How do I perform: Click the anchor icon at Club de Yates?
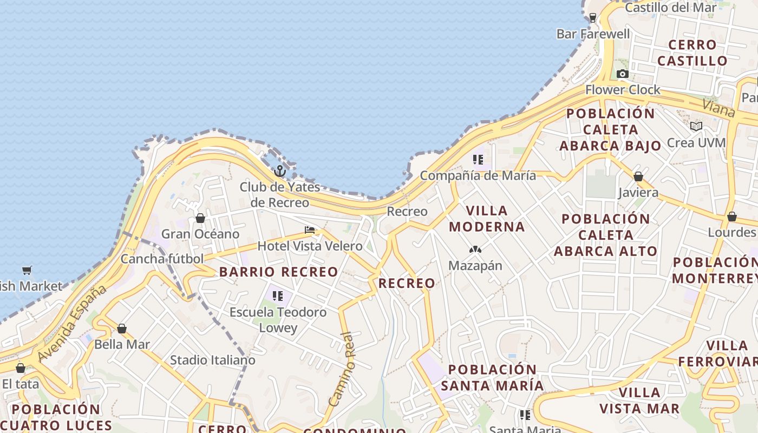pos(279,171)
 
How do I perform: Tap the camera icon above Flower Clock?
pos(622,74)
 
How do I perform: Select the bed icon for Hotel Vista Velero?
pos(310,230)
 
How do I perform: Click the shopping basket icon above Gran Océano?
pos(200,218)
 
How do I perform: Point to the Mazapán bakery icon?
pos(475,250)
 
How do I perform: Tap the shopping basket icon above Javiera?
pos(638,176)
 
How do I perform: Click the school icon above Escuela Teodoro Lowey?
pos(278,296)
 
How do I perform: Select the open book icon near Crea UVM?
pos(696,126)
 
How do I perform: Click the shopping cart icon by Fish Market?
pos(27,270)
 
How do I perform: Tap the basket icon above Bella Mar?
pos(122,329)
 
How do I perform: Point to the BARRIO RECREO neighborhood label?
pos(278,272)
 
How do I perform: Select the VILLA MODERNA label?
pos(487,218)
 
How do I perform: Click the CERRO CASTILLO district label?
pos(692,53)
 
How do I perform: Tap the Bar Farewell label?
pos(593,34)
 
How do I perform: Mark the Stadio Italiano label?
pos(212,360)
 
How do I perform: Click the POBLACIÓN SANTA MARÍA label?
pos(492,377)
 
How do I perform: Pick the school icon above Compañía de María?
pos(478,160)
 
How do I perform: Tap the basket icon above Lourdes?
pos(732,216)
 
